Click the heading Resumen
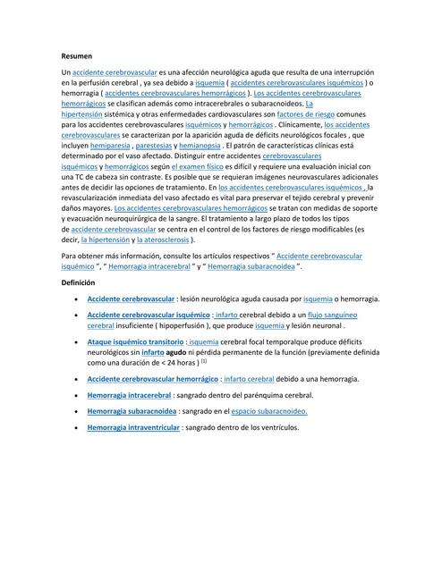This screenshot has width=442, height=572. pyautogui.click(x=77, y=55)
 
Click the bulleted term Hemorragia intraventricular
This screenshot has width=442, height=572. pyautogui.click(x=132, y=428)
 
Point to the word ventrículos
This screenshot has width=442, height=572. pyautogui.click(x=277, y=428)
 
